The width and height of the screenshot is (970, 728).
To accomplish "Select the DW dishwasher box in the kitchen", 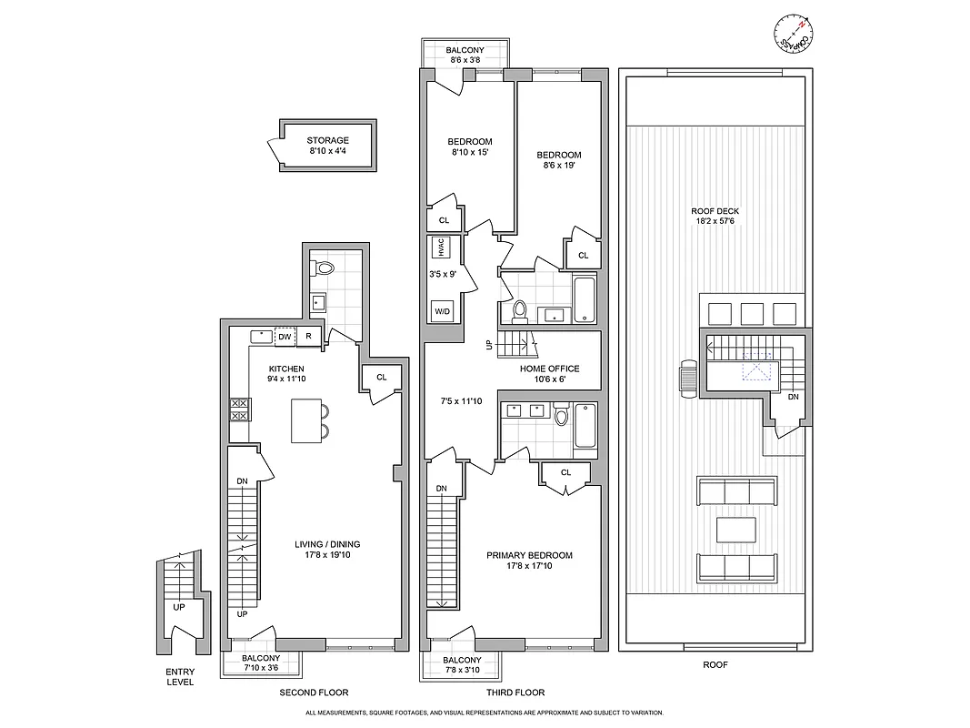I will pyautogui.click(x=285, y=337).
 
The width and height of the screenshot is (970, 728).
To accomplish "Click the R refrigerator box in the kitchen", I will pyautogui.click(x=309, y=337).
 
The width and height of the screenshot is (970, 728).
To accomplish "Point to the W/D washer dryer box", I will pyautogui.click(x=443, y=310).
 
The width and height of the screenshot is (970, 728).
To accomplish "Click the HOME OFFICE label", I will pyautogui.click(x=549, y=369).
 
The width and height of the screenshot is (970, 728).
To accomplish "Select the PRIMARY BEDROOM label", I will pyautogui.click(x=529, y=555).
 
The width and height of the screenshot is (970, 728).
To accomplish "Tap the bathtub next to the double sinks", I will pyautogui.click(x=585, y=426).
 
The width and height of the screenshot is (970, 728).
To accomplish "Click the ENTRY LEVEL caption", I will pyautogui.click(x=179, y=677).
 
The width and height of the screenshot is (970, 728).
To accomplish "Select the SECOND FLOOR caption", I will pyautogui.click(x=314, y=692).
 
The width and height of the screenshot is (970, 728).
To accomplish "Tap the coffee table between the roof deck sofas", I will pyautogui.click(x=736, y=530).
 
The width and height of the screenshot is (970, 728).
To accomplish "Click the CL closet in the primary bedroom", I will pyautogui.click(x=565, y=472).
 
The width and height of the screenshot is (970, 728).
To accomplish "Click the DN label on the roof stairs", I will pyautogui.click(x=793, y=397).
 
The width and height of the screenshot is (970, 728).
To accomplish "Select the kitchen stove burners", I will pyautogui.click(x=240, y=409).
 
